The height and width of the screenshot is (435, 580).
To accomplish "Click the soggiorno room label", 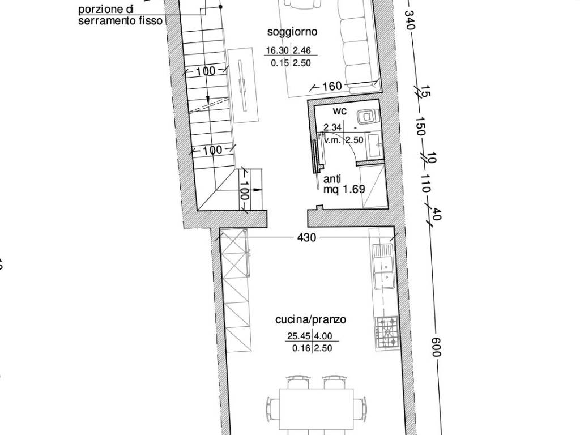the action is point(292,32).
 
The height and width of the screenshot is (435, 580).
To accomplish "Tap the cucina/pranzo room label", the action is point(311,319).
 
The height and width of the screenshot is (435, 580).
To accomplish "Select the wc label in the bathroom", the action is point(340,111).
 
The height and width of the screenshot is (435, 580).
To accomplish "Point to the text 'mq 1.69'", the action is point(344,189).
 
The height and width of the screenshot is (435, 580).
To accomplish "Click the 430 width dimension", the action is point(306,237).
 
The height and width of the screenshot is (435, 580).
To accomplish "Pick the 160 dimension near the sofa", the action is point(332,86).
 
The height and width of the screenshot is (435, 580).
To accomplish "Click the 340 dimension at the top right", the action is point(410,20).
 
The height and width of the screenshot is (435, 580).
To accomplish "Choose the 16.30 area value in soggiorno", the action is point(278,50).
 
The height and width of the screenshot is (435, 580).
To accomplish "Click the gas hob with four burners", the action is point(386,333).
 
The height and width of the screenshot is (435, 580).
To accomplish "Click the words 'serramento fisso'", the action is point(121,21).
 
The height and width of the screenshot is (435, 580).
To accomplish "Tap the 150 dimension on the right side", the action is point(421,126).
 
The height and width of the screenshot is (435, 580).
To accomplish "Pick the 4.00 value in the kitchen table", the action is point(323,336).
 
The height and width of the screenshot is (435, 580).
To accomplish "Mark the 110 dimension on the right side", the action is point(426,184).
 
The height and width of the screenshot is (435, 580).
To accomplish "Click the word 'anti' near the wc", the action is point(332,179).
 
